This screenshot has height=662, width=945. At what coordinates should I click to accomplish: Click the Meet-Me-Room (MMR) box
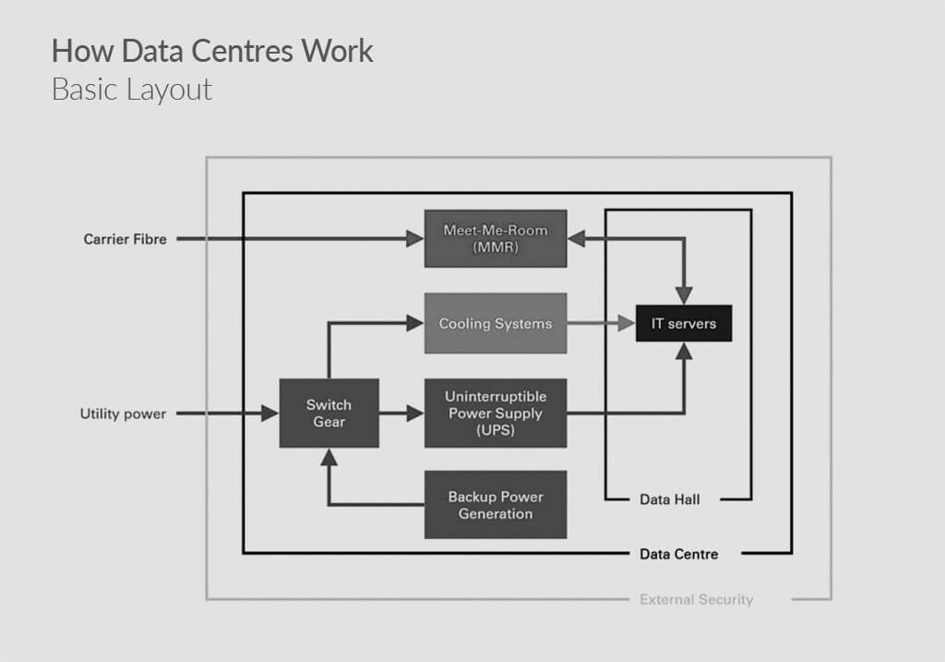click(496, 238)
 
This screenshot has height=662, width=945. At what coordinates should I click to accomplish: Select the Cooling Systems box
click(496, 323)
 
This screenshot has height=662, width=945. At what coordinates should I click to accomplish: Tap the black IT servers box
click(684, 323)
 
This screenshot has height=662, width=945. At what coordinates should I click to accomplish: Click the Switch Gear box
click(329, 413)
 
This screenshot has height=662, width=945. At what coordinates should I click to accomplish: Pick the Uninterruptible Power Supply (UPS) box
click(496, 413)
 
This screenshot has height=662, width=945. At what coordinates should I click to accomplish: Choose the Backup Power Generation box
click(496, 505)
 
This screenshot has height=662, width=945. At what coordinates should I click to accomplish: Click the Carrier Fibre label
click(126, 239)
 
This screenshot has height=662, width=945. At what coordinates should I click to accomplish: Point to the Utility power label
click(124, 414)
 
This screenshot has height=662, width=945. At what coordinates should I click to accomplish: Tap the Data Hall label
click(670, 500)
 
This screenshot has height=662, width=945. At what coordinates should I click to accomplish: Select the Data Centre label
click(678, 554)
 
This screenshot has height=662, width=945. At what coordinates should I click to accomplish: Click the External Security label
click(696, 600)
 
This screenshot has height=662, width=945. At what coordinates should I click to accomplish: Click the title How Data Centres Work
click(212, 51)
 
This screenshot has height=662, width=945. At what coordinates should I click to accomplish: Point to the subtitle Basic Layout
click(132, 90)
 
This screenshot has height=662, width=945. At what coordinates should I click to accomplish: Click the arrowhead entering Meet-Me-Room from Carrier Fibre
click(415, 239)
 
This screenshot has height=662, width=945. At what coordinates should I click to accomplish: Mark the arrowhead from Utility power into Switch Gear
click(270, 414)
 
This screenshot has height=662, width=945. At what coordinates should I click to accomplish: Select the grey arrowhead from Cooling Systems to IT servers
click(627, 323)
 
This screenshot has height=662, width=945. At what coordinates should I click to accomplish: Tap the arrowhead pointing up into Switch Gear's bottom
click(329, 457)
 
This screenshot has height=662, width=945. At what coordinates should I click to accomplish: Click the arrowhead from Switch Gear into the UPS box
click(415, 414)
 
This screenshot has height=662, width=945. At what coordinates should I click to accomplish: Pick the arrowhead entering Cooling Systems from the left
click(415, 323)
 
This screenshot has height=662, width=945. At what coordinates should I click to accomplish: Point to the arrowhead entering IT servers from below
click(684, 351)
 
